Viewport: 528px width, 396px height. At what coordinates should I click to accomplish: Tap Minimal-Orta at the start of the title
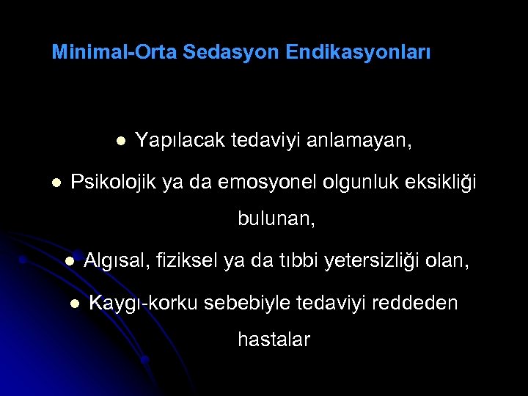pyautogui.click(x=114, y=53)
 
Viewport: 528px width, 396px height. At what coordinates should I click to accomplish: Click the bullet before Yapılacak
pyautogui.click(x=120, y=140)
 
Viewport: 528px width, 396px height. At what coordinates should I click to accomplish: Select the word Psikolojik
pyautogui.click(x=114, y=182)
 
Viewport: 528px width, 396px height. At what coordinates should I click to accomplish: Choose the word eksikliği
pyautogui.click(x=437, y=182)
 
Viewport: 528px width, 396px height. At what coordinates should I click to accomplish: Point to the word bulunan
pyautogui.click(x=276, y=219)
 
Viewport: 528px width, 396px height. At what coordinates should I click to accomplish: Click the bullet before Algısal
pyautogui.click(x=68, y=260)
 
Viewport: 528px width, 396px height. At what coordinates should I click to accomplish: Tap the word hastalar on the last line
pyautogui.click(x=274, y=340)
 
